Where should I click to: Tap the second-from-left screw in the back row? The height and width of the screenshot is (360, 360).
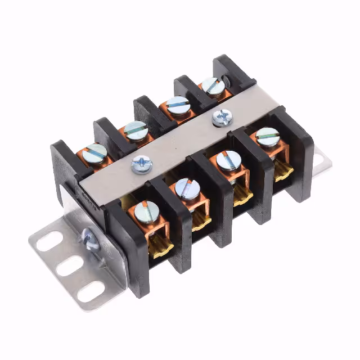click(136, 130)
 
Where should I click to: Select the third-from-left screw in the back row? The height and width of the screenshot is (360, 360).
click(178, 106)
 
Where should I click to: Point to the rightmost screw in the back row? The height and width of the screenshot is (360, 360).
click(213, 85)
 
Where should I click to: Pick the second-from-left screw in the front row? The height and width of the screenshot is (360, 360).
click(186, 188)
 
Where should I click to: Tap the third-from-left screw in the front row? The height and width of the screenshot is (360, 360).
click(227, 161)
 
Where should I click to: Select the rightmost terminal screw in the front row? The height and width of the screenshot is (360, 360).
click(267, 137)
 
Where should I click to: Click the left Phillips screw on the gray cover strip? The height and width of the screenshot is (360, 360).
click(141, 164)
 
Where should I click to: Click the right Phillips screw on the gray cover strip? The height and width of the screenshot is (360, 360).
click(222, 117)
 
